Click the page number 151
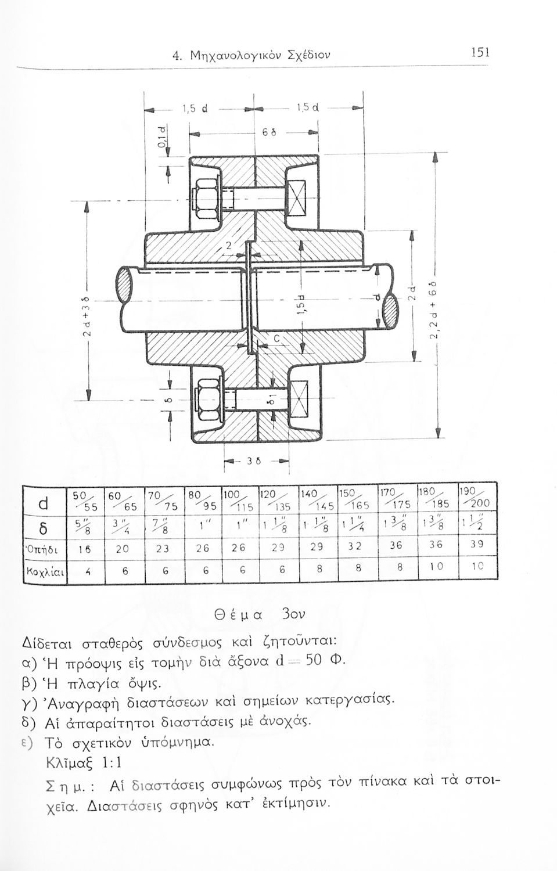pos(481,53)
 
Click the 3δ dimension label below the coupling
pos(254,462)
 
